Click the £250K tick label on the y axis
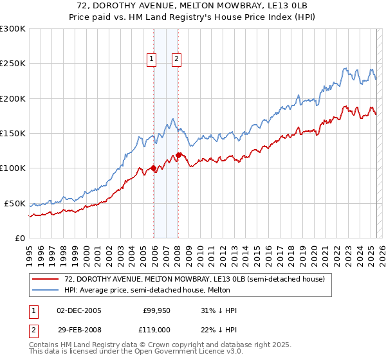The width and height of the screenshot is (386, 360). [13, 64]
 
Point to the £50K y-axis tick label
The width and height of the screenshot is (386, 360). [15, 203]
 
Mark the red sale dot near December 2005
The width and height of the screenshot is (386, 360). [153, 168]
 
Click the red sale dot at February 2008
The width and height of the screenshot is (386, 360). [178, 155]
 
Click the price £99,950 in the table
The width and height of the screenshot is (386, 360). [155, 310]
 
